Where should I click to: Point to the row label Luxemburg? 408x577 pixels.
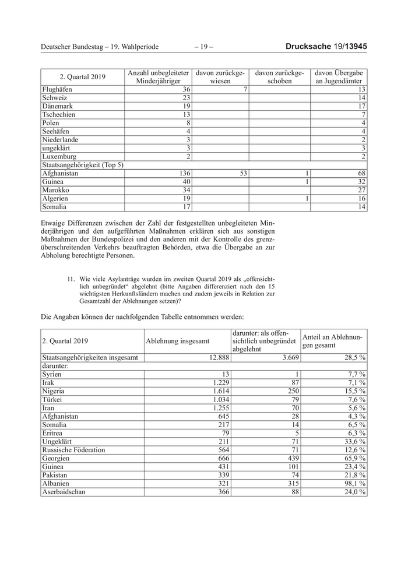(x=60, y=157)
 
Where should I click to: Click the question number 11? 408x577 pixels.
(x=72, y=279)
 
